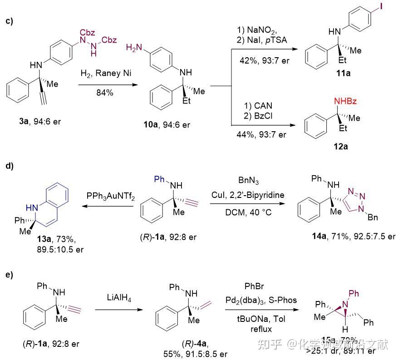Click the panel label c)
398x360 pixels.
click(9, 21)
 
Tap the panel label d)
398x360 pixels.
click(9, 166)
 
